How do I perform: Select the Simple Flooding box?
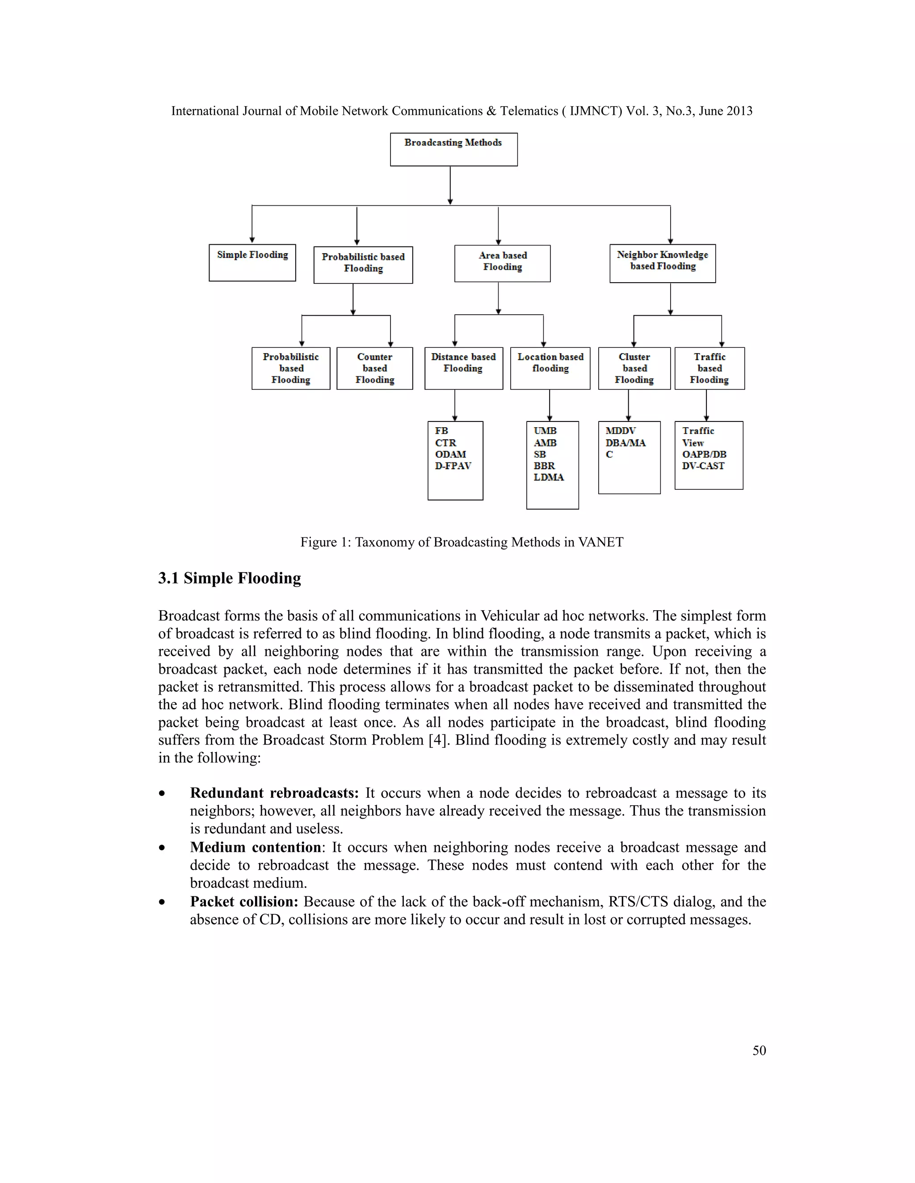252,262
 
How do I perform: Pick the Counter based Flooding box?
374,368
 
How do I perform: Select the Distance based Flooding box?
463,368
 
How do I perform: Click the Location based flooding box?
550,368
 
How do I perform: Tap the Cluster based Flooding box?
634,368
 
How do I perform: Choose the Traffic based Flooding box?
709,368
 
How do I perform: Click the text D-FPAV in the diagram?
453,466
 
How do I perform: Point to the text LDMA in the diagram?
549,477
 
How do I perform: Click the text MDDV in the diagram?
620,431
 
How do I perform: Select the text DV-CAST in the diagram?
703,466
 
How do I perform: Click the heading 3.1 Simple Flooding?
229,578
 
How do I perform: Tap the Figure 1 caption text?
462,542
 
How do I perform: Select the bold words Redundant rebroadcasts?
274,793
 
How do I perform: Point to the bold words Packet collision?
244,901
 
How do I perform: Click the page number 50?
759,1050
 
